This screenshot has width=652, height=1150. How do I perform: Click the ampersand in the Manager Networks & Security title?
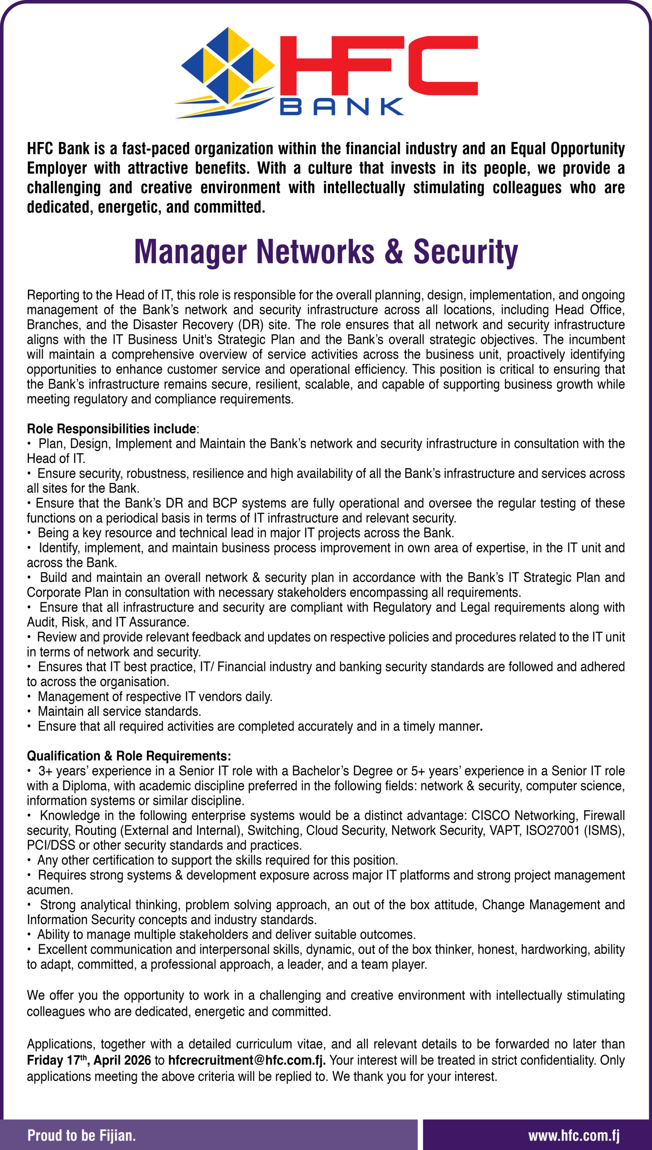pyautogui.click(x=394, y=252)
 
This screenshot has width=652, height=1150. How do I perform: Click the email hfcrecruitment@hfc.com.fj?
pyautogui.click(x=247, y=1060)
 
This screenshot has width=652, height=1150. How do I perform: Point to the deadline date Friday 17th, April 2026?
pyautogui.click(x=89, y=1060)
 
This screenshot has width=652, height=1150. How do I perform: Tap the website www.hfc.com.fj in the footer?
pyautogui.click(x=574, y=1136)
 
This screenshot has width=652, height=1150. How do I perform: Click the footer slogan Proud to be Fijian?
pyautogui.click(x=81, y=1136)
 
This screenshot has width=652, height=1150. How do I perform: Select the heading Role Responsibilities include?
pyautogui.click(x=111, y=429)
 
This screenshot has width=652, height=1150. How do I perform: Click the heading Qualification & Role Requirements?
pyautogui.click(x=129, y=756)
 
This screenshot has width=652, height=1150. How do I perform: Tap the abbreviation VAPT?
pyautogui.click(x=504, y=830)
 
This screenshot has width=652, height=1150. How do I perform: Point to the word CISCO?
pyautogui.click(x=490, y=815)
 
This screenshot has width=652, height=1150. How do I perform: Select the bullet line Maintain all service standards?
pyautogui.click(x=119, y=711)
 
